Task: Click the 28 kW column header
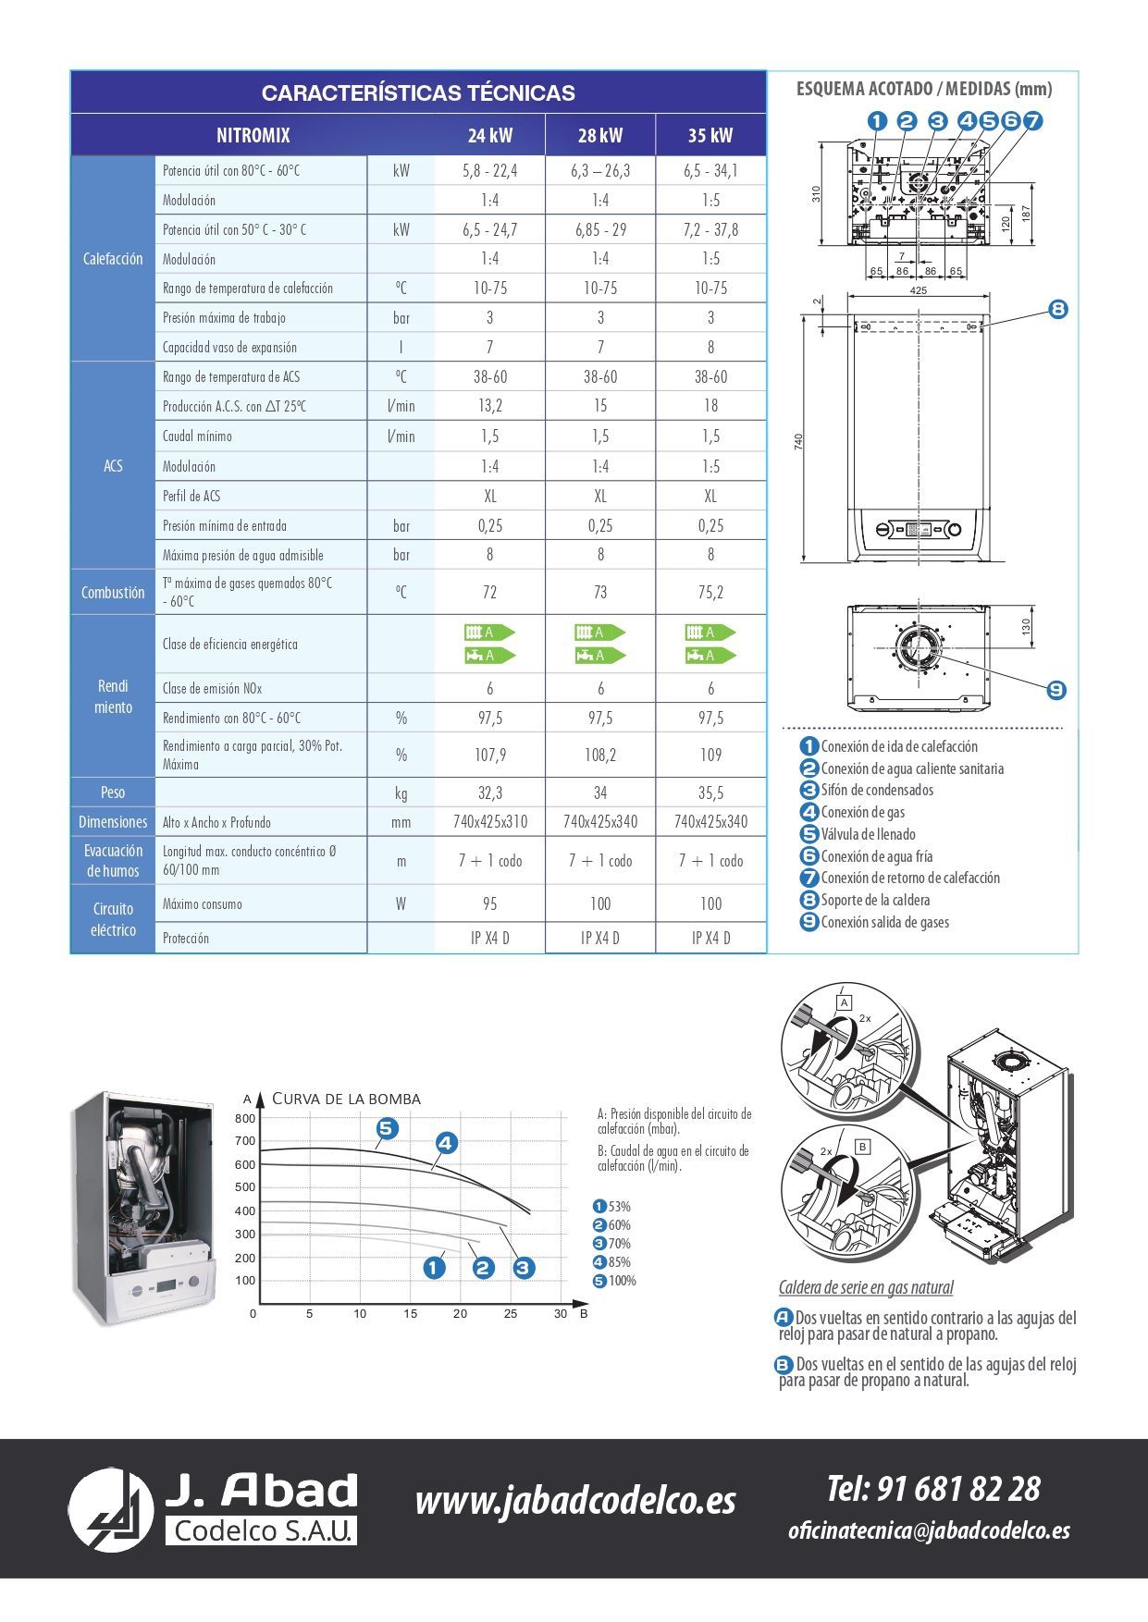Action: coord(600,136)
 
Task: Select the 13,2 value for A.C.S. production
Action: coord(489,406)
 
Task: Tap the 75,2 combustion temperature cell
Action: coord(710,593)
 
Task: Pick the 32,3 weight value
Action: coord(489,793)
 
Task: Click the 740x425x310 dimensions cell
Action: coord(489,822)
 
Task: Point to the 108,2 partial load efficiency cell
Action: coord(600,755)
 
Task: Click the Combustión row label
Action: coord(113,593)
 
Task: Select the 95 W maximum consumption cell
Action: coord(489,903)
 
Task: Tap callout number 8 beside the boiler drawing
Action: coord(1058,309)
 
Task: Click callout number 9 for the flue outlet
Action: coord(1056,690)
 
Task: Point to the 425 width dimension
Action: coord(918,290)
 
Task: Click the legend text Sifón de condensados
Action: coord(877,791)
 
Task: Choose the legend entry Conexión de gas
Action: coord(862,813)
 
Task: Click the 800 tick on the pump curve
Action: coord(245,1119)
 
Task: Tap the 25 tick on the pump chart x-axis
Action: coord(511,1314)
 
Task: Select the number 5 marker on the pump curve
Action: coord(387,1128)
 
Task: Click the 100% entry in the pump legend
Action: coord(622,1281)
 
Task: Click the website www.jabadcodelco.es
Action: coord(575,1500)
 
